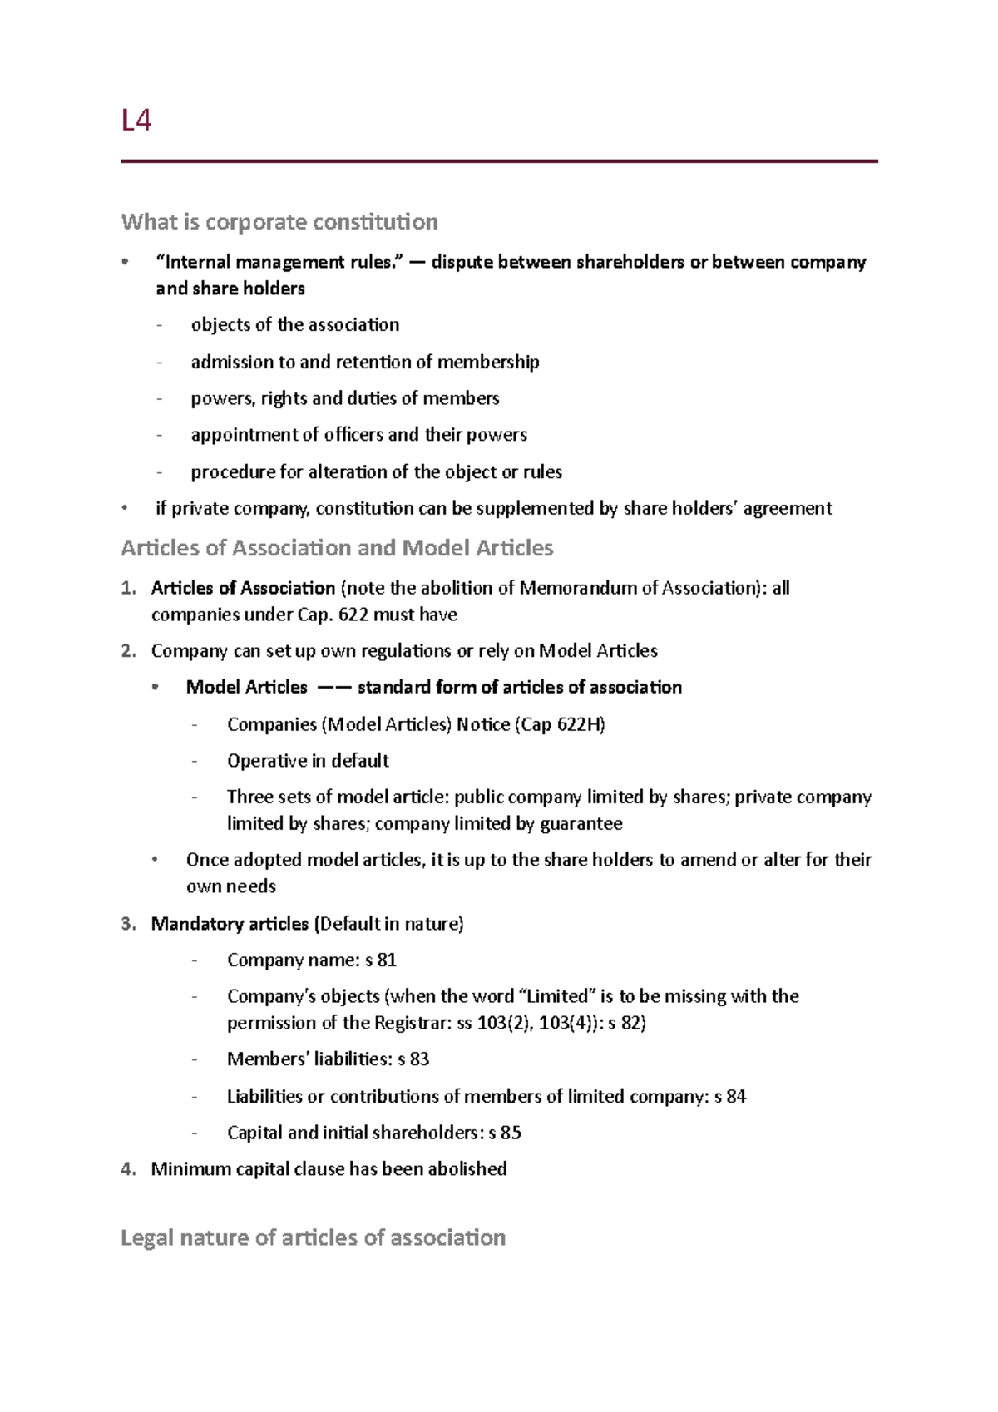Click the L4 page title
click(136, 121)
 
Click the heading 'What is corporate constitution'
click(279, 222)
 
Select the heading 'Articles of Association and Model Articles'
click(337, 548)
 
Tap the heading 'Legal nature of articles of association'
click(313, 1237)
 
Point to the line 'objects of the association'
click(294, 325)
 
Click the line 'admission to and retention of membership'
click(364, 362)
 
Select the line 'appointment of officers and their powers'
click(358, 435)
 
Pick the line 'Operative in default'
click(308, 761)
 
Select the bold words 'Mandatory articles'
click(230, 924)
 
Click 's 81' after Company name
click(381, 960)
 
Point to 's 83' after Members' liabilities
click(413, 1059)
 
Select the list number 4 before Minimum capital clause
click(127, 1169)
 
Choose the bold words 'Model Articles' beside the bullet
click(246, 688)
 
